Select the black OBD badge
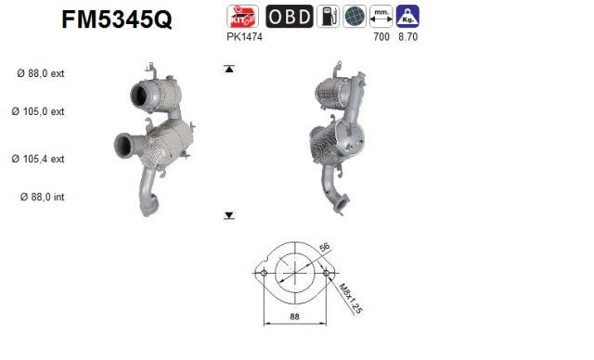click(289, 17)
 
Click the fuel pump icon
click(328, 17)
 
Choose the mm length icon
click(380, 17)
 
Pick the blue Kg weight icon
click(405, 17)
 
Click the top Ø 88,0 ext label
click(40, 73)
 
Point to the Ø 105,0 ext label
click(40, 112)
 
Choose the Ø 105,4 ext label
click(40, 159)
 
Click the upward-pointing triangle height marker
click(228, 70)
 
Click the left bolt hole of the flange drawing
click(264, 274)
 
